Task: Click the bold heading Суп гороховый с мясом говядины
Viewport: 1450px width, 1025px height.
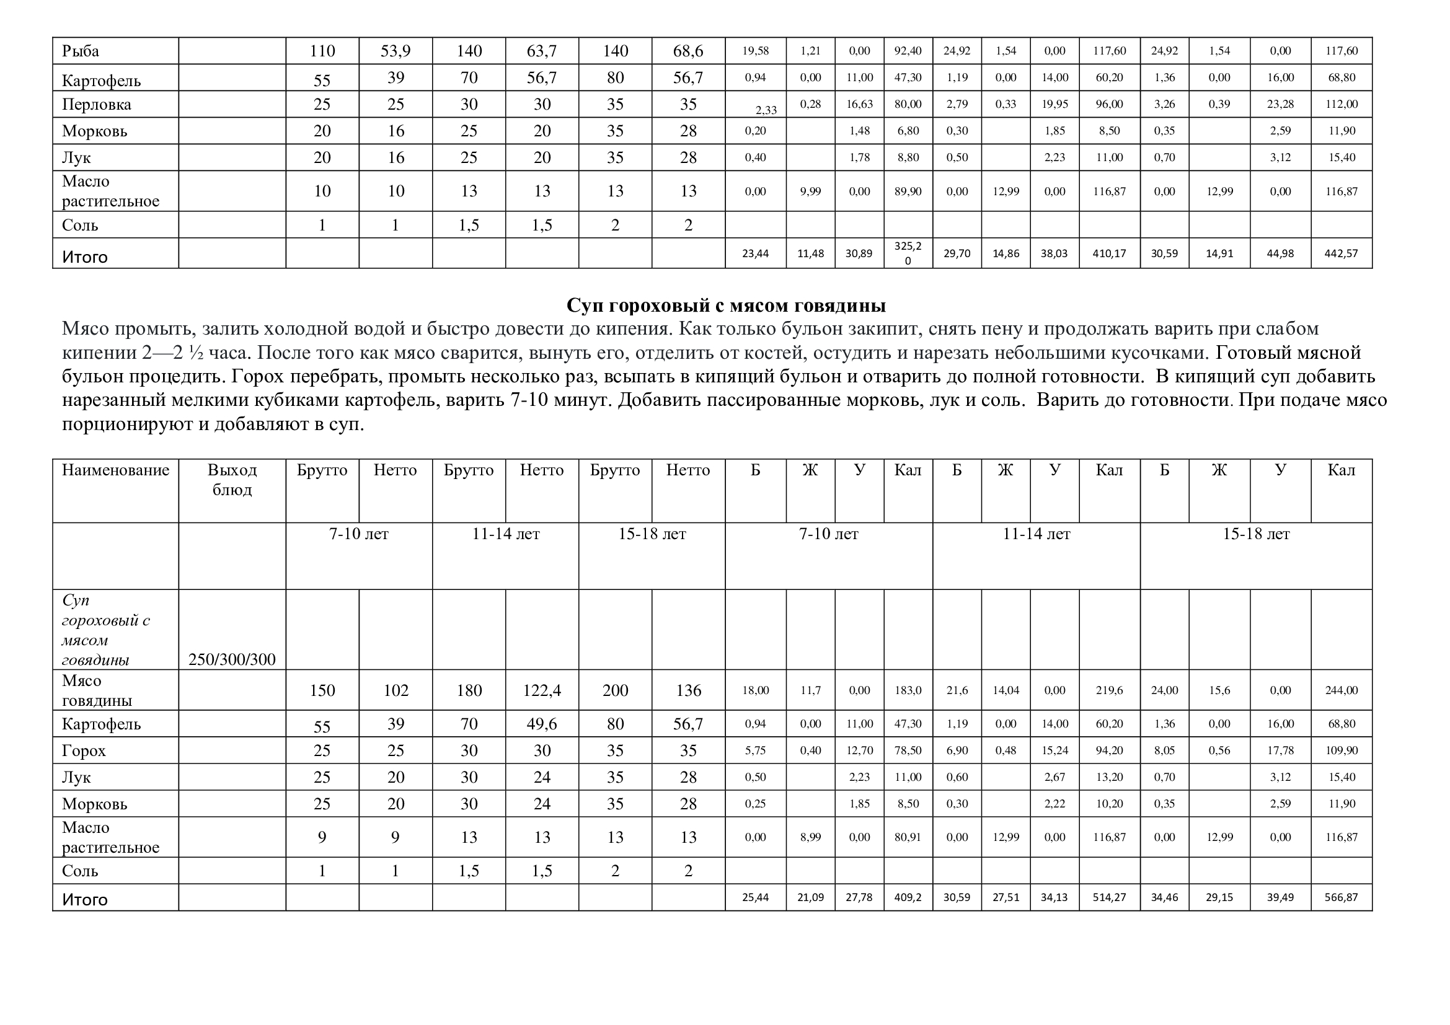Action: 726,306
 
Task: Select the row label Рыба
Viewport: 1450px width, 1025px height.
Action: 80,51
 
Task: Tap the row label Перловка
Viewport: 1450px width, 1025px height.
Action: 96,104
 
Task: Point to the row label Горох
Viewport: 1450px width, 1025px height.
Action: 83,750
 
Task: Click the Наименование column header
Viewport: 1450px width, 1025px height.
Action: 115,470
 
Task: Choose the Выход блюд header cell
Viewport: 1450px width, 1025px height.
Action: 232,480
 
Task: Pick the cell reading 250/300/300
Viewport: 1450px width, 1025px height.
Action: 232,659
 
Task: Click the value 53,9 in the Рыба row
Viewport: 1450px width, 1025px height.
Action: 396,51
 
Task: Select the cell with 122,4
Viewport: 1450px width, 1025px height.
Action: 541,690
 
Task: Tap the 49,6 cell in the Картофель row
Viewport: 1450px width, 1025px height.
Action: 541,724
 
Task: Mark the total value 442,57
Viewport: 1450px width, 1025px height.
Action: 1341,253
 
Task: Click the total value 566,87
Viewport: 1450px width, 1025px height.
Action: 1341,897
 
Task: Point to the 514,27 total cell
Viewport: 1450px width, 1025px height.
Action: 1109,897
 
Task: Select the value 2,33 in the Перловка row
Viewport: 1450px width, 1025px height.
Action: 766,110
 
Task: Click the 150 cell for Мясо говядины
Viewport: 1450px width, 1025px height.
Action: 322,690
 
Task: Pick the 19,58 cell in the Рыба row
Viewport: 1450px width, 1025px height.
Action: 755,51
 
